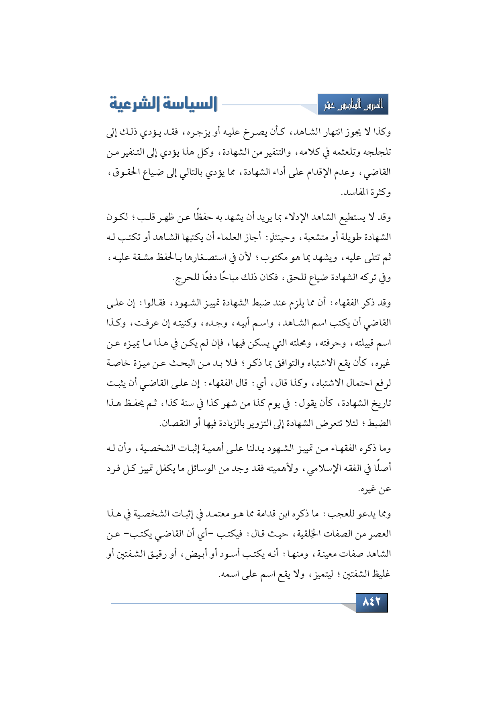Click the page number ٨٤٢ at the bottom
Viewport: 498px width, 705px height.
point(371,602)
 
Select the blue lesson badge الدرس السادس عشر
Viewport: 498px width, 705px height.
point(353,105)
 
